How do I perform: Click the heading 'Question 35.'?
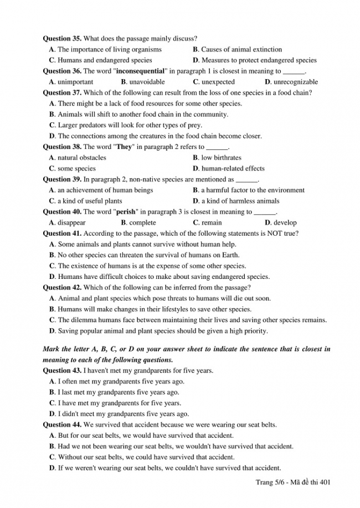click(x=62, y=39)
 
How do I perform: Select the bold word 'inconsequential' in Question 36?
click(x=141, y=71)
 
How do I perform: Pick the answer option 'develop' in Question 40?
click(x=285, y=222)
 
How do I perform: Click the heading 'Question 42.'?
click(x=62, y=288)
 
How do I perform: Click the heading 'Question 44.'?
click(x=62, y=424)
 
